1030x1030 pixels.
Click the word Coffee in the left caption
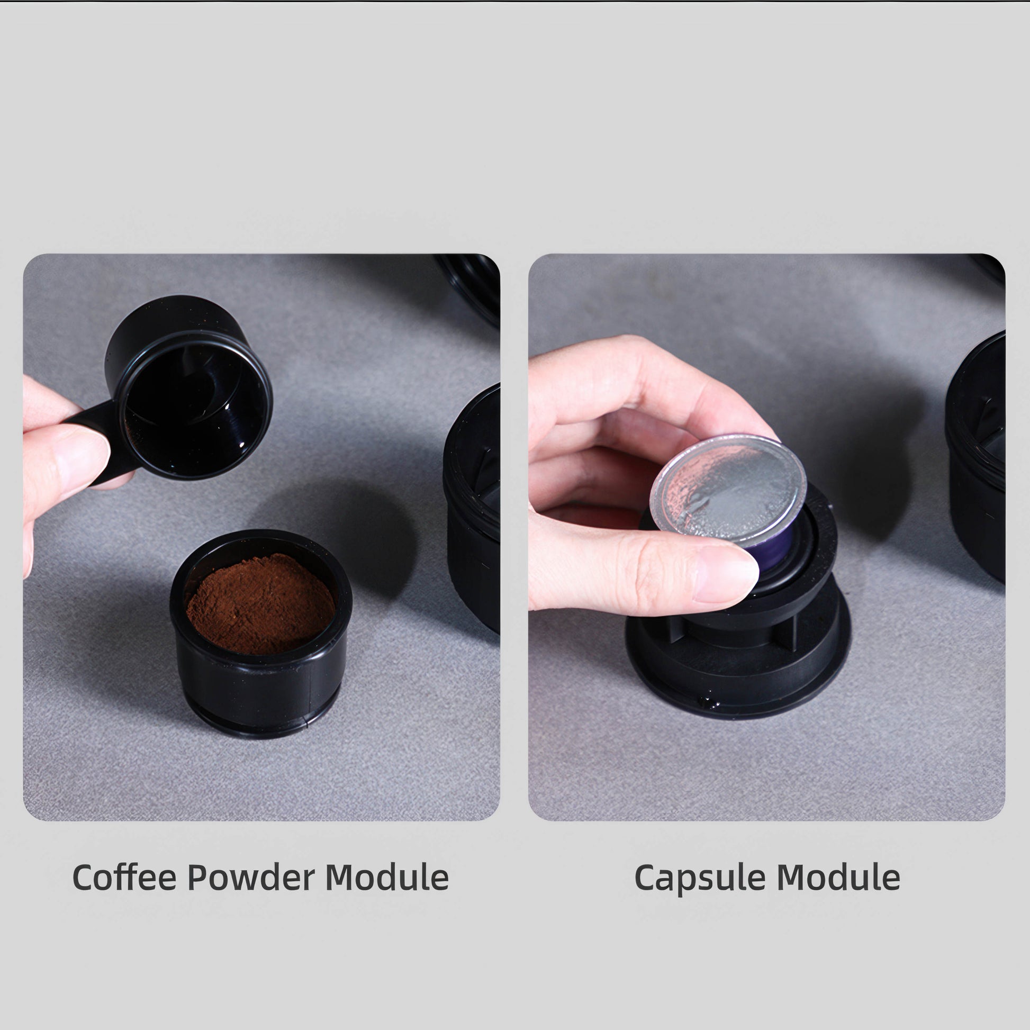(124, 878)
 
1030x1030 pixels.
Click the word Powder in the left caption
(251, 878)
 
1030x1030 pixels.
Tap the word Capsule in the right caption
(700, 878)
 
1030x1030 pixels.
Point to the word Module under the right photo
(838, 878)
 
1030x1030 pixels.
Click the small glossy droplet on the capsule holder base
(709, 702)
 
